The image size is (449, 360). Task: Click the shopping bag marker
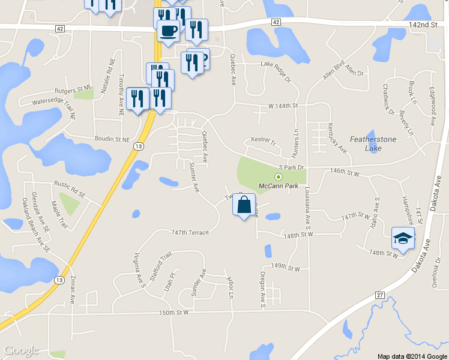click(243, 206)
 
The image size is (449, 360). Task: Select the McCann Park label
click(278, 187)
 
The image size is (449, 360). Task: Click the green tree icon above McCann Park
click(278, 176)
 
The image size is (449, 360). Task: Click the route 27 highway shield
click(380, 295)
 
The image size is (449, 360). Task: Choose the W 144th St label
click(283, 106)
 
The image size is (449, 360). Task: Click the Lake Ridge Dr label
click(275, 64)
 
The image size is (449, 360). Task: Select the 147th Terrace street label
click(190, 232)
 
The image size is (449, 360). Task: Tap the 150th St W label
click(174, 313)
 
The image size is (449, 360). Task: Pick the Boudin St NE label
click(112, 139)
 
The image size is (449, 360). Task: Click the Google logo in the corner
click(21, 350)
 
